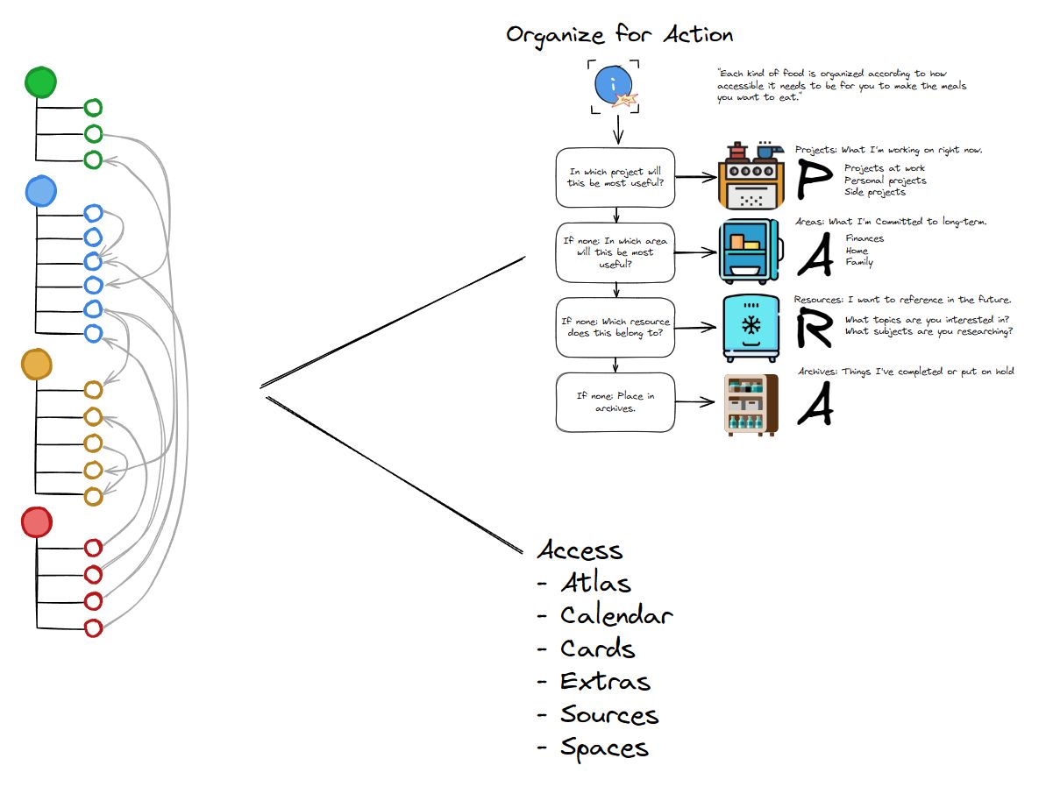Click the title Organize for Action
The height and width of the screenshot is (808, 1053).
(x=619, y=35)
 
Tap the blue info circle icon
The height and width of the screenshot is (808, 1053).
(x=613, y=85)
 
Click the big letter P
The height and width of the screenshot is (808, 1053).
(x=813, y=179)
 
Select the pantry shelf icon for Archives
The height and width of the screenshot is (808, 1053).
(x=751, y=404)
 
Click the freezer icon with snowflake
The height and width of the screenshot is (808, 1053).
(x=751, y=328)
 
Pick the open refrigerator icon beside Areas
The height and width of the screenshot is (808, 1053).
(x=749, y=252)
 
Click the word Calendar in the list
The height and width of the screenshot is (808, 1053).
(x=616, y=615)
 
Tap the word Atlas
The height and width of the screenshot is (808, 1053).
(x=595, y=582)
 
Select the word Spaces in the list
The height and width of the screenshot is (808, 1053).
(x=604, y=748)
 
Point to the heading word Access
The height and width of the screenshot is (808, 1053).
(x=580, y=550)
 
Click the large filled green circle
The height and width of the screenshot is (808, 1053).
(x=40, y=82)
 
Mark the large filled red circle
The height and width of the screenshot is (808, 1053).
(x=37, y=523)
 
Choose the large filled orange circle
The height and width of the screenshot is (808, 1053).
(x=38, y=365)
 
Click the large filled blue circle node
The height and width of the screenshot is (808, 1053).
(x=41, y=190)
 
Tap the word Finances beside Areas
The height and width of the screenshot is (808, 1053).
(x=864, y=238)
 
